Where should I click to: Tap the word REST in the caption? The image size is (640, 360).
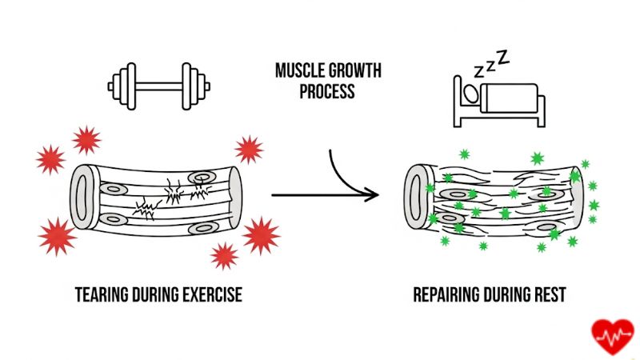click(550, 295)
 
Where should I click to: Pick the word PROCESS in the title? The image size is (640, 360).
click(326, 90)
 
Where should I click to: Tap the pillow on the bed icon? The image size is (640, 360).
click(473, 94)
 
